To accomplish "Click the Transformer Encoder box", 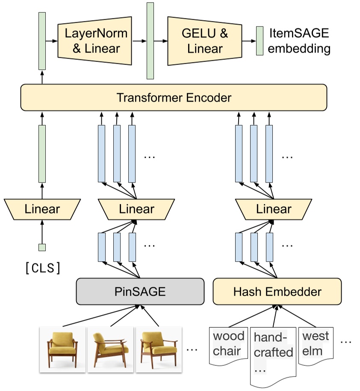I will (x=174, y=97).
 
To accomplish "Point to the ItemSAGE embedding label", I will (x=300, y=41).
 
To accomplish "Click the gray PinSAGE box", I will (x=140, y=291).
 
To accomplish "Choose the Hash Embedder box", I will (x=277, y=291).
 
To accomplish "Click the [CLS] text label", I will (x=42, y=268).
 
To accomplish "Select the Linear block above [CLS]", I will (x=42, y=209).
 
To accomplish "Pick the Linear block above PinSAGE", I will (x=136, y=209).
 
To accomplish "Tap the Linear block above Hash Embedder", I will (x=274, y=209).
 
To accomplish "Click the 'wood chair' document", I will (x=228, y=345).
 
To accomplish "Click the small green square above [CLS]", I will (x=42, y=247).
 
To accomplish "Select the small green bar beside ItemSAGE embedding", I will (x=260, y=41).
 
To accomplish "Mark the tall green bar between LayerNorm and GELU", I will (x=150, y=41).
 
